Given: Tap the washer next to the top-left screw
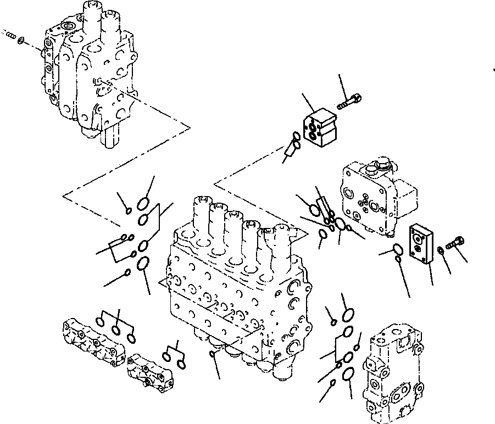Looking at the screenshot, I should click(20, 40).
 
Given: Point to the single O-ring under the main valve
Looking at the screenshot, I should click(213, 354).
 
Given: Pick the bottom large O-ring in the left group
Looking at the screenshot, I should click(142, 264).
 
